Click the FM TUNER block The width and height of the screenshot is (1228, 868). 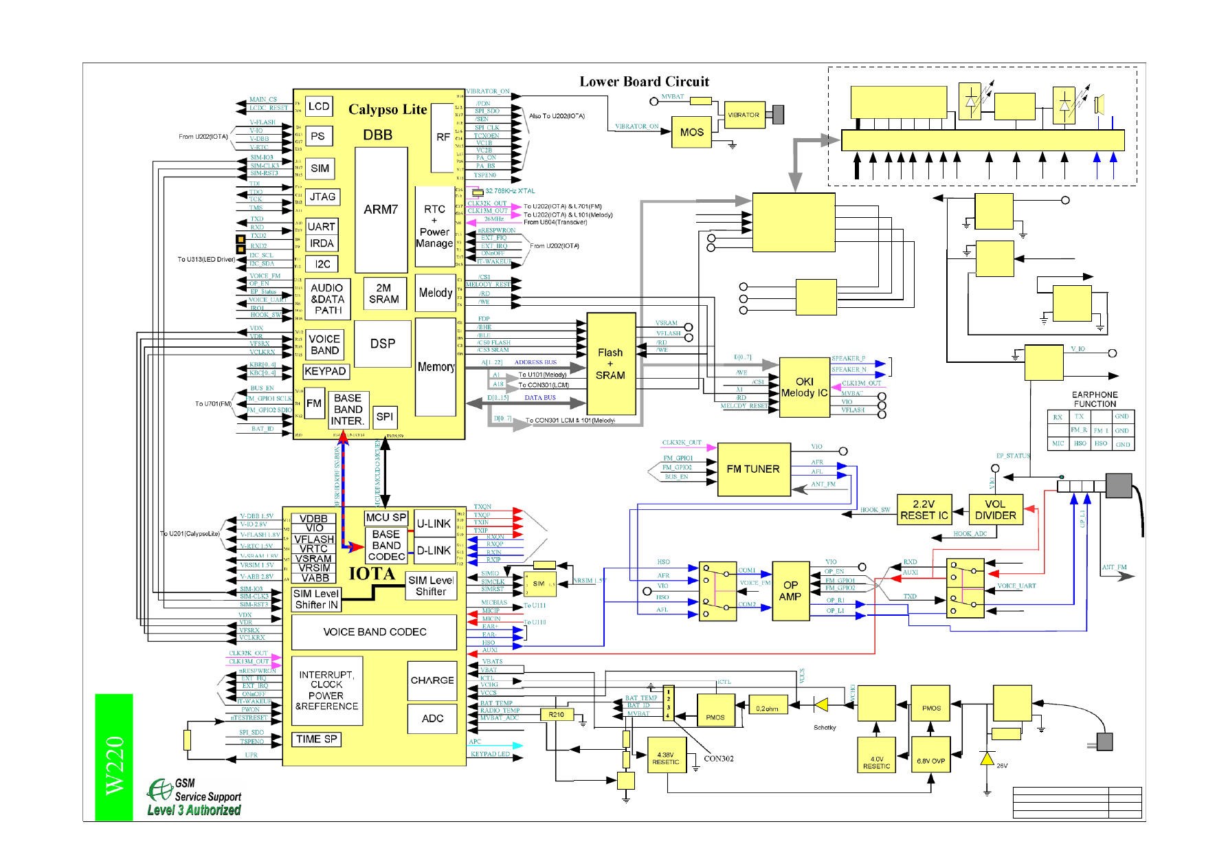(x=754, y=469)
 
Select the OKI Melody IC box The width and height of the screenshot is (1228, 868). (x=804, y=388)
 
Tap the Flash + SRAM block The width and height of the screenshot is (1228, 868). (x=610, y=364)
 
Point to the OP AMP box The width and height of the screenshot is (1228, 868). (x=790, y=591)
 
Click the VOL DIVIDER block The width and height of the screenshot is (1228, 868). (x=995, y=510)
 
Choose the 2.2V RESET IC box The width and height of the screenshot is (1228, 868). (x=924, y=510)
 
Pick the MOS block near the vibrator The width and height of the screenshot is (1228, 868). (x=691, y=132)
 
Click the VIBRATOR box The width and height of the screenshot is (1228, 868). (x=744, y=115)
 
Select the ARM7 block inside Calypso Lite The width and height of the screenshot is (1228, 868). (x=381, y=210)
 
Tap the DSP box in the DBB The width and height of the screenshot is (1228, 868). (x=383, y=344)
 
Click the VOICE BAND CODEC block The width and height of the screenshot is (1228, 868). (x=375, y=632)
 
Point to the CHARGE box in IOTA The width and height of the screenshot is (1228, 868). (x=432, y=680)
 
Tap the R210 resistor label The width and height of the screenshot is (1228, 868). (x=557, y=715)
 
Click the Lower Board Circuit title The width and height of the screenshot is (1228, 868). (x=644, y=82)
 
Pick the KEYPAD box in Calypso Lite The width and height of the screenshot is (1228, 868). (x=325, y=371)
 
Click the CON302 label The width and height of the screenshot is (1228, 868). (x=719, y=759)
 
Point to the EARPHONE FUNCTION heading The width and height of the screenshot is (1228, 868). (x=1095, y=399)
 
